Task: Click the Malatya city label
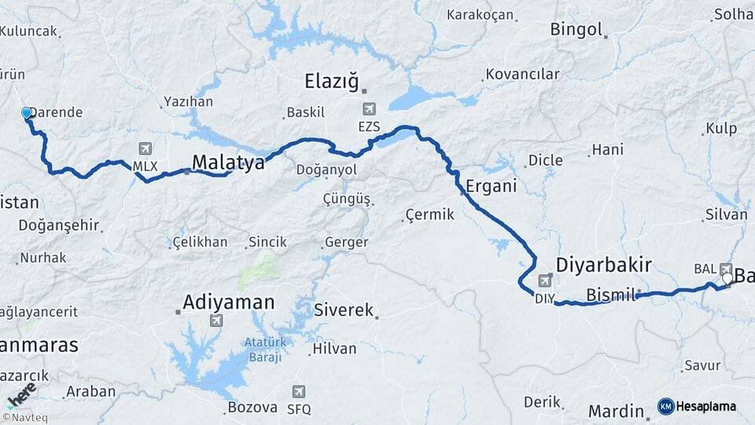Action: tap(228, 162)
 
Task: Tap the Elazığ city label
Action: tap(331, 80)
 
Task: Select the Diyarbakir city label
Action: tap(603, 264)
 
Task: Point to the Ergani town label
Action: tap(491, 187)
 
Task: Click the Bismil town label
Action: tap(610, 295)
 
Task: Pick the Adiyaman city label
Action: tap(228, 301)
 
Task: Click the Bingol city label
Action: tap(576, 31)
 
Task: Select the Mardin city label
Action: tap(616, 411)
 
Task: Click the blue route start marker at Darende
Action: tap(27, 114)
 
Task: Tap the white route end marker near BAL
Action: tap(727, 278)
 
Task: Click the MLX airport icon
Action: tap(145, 149)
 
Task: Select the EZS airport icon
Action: tap(370, 109)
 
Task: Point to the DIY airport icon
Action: tap(544, 281)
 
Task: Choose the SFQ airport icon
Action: tap(298, 391)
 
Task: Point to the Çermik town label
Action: tap(429, 215)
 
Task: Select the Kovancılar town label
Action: tap(522, 75)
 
